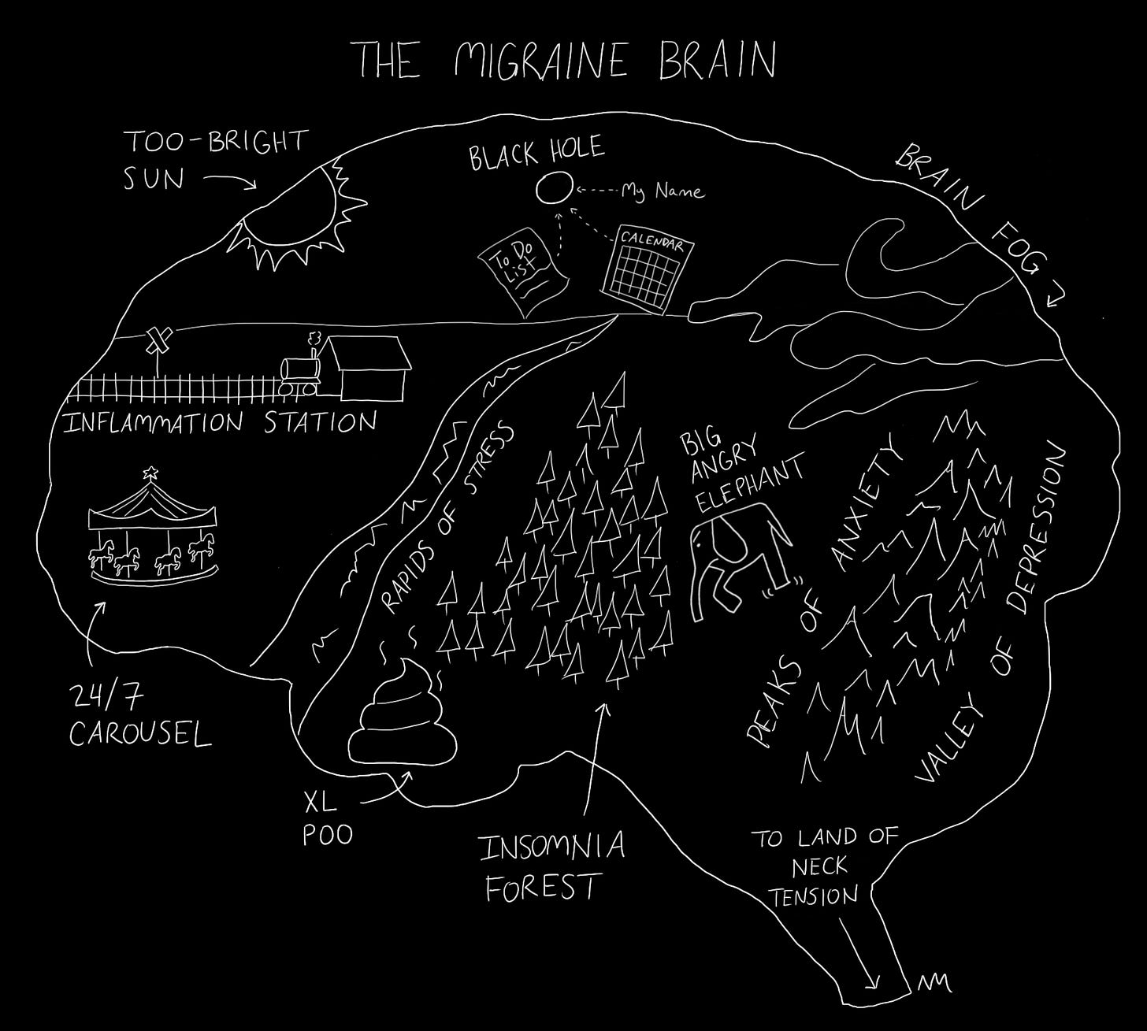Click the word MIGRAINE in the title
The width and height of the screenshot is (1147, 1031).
[x=541, y=60]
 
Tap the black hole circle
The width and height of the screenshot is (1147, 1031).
[x=554, y=189]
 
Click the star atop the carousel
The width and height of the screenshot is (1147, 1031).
[x=150, y=474]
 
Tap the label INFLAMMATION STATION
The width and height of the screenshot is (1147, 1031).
[x=220, y=424]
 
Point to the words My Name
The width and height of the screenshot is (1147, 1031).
[x=663, y=191]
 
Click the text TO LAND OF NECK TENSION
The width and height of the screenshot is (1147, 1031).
[x=824, y=866]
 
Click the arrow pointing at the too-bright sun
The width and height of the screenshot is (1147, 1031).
[x=229, y=182]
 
